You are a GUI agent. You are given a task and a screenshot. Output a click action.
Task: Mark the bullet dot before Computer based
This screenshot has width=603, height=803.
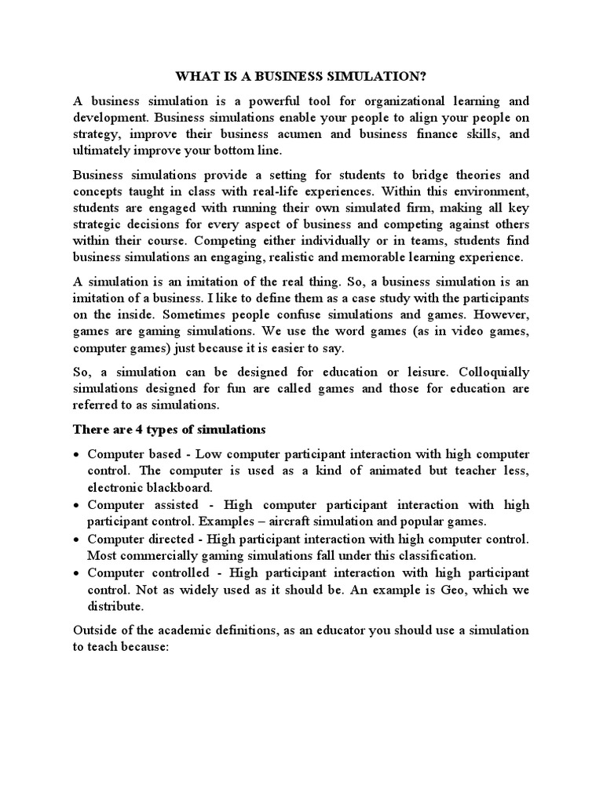[x=75, y=455]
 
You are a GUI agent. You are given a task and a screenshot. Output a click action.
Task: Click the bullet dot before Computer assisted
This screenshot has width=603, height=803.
[x=75, y=506]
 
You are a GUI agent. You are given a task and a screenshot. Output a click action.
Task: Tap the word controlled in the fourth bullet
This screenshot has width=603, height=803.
[x=174, y=573]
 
